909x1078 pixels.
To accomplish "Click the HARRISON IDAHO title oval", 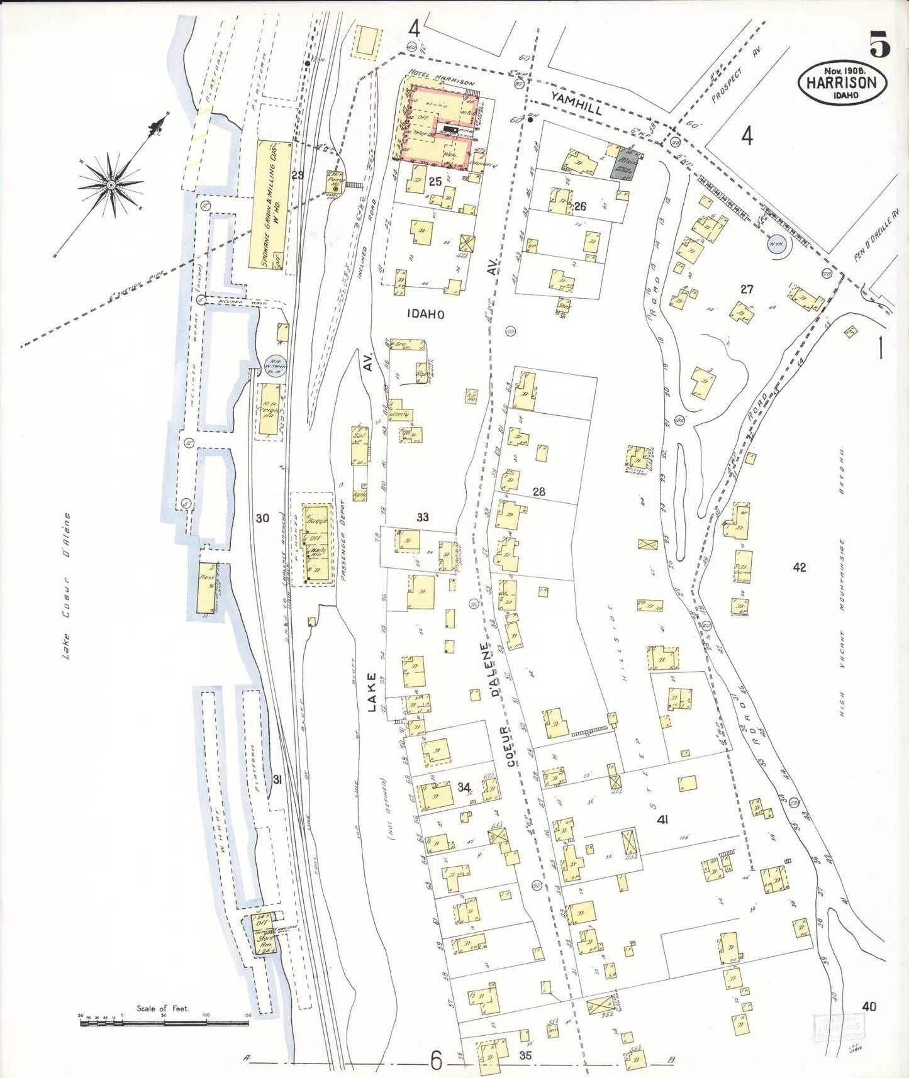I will pyautogui.click(x=842, y=82).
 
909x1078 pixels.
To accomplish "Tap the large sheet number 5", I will pyautogui.click(x=879, y=44).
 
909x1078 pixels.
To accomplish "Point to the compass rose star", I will pyautogui.click(x=111, y=184).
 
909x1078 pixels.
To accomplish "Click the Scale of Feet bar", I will pyautogui.click(x=164, y=1023).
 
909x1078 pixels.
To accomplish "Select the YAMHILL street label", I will pyautogui.click(x=577, y=103).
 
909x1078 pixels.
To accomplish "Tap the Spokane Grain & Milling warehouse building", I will pyautogui.click(x=274, y=204).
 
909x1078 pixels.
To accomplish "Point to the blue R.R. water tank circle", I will pyautogui.click(x=277, y=368).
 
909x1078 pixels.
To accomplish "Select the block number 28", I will pyautogui.click(x=538, y=492).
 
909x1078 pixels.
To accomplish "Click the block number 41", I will pyautogui.click(x=662, y=819).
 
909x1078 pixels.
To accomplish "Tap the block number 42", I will pyautogui.click(x=799, y=567).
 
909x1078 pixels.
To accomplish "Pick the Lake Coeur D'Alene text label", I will pyautogui.click(x=67, y=586).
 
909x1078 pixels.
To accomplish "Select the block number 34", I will pyautogui.click(x=464, y=787).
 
